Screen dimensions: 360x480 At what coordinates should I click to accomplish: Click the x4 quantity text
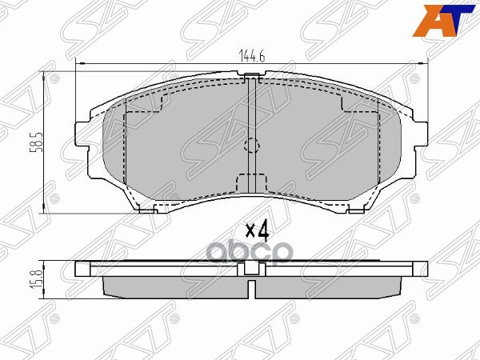(255, 231)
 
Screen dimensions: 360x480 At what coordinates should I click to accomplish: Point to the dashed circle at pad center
(251, 146)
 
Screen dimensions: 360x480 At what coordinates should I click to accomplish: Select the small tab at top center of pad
(252, 78)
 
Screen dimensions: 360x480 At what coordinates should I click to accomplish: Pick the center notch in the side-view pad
(251, 286)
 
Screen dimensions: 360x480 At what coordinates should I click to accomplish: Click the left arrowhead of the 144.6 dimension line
(78, 63)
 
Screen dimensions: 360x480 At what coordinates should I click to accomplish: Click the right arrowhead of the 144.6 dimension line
(425, 63)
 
